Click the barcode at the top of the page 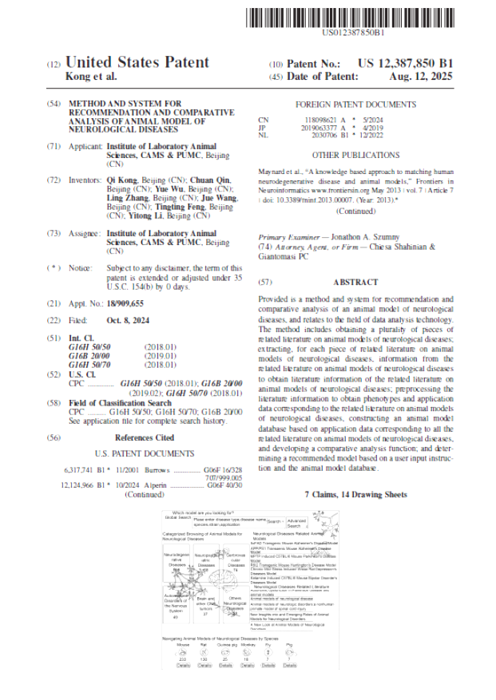354,17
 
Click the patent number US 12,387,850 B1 404,63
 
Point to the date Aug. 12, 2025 420,77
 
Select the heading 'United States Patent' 137,62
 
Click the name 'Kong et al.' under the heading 90,77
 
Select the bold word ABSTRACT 355,283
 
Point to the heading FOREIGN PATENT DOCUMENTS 355,105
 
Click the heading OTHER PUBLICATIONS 355,155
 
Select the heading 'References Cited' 145,437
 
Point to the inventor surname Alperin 155,484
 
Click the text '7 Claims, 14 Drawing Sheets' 355,495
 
